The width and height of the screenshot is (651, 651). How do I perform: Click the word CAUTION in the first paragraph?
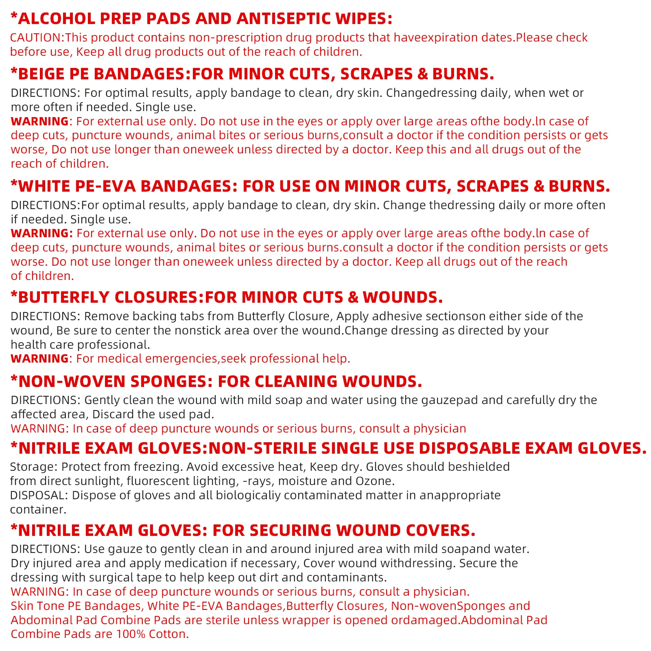point(36,37)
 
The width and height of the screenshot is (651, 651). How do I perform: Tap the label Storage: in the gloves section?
point(33,467)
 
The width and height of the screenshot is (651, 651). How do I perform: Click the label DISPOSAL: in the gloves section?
point(39,495)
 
